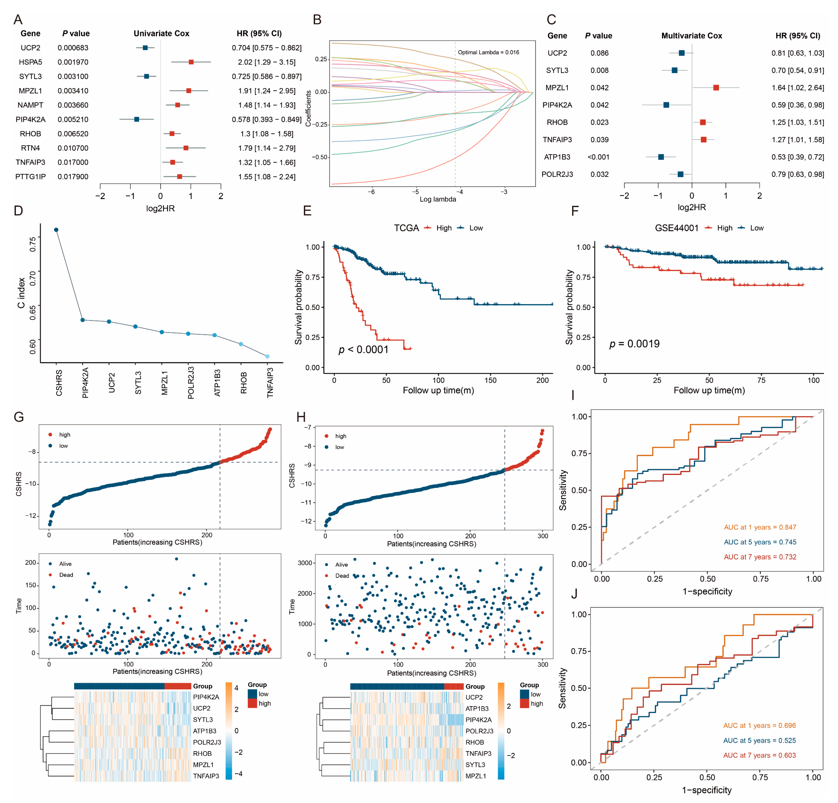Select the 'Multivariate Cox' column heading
point(691,36)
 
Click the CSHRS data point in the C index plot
point(56,230)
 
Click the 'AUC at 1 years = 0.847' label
point(760,527)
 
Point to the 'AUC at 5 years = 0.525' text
point(759,741)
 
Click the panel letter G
point(19,417)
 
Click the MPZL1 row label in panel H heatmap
point(476,776)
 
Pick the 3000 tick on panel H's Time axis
point(305,563)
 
